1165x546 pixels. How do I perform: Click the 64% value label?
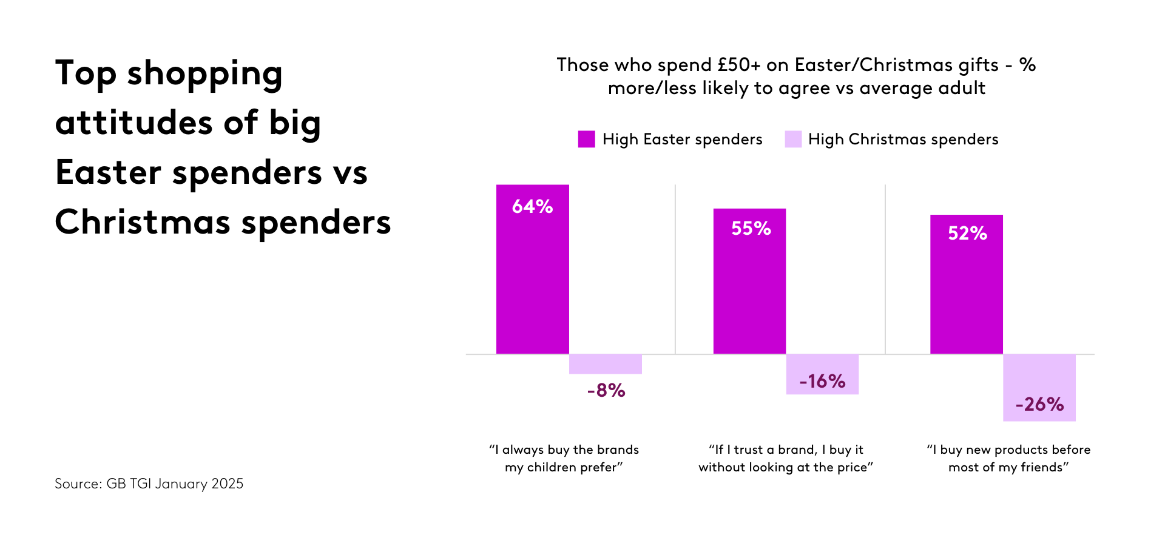tap(532, 207)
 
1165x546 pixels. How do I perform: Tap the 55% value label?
tap(751, 229)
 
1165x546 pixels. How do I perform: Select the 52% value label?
tap(967, 234)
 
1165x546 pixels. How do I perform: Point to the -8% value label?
tap(606, 391)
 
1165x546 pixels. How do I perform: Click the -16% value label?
tap(822, 382)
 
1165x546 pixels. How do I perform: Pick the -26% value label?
tap(1039, 405)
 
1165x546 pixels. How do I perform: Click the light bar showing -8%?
tap(605, 364)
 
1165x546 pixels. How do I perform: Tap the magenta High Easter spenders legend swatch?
tap(586, 140)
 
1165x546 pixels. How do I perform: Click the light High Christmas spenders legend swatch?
tap(792, 140)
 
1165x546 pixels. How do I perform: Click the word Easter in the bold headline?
tap(108, 173)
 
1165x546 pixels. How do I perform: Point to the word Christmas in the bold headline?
tap(142, 223)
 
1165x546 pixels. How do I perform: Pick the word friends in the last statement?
tap(1044, 468)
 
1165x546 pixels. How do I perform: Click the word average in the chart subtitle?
tap(896, 89)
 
